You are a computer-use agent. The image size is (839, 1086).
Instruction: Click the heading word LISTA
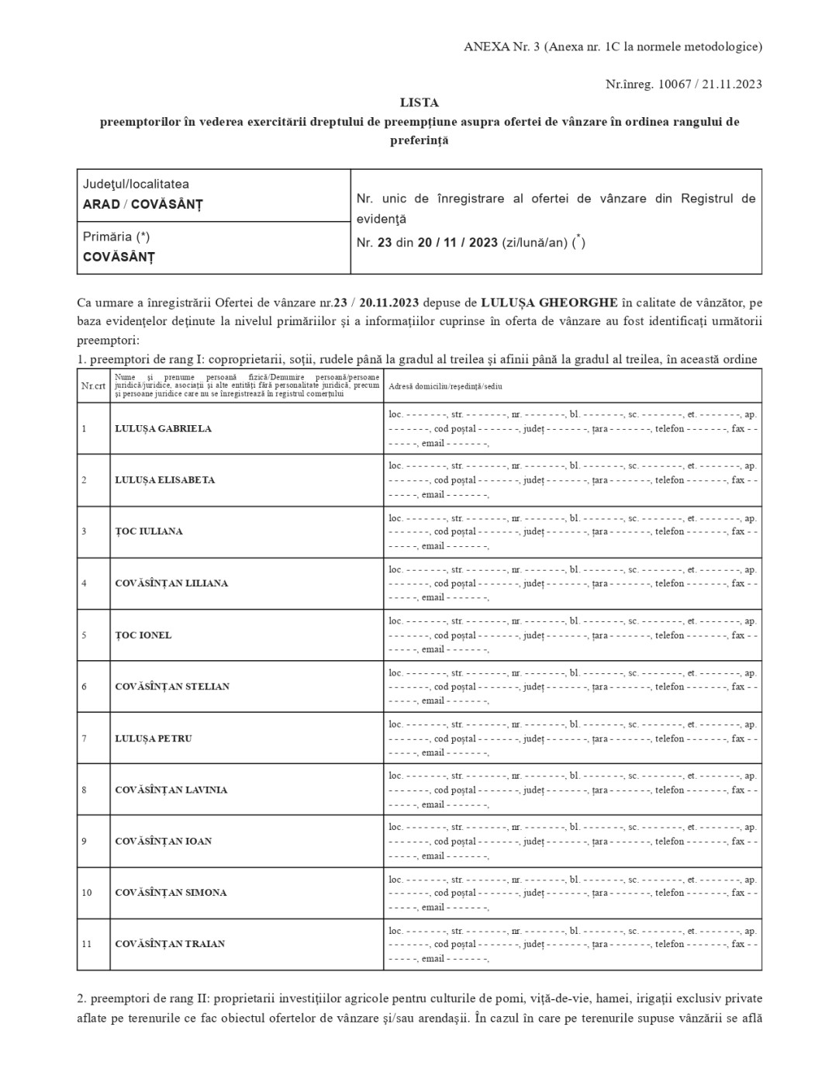point(419,102)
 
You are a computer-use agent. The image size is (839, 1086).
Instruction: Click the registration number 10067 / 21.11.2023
point(710,84)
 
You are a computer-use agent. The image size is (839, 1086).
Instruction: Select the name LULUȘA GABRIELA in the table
point(163,428)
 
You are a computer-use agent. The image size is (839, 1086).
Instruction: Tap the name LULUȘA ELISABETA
point(164,479)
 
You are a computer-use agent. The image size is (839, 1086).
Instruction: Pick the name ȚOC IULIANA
point(149,531)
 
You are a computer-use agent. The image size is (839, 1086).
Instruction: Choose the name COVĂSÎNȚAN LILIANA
point(171,583)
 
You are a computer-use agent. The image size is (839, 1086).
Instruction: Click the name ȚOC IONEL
point(143,635)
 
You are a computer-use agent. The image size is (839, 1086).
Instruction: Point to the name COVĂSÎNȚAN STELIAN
point(172,686)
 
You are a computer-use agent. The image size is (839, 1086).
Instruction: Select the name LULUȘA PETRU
point(154,738)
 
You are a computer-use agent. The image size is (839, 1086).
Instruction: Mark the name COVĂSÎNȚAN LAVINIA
point(171,790)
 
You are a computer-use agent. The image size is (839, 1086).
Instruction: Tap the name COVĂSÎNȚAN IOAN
point(163,841)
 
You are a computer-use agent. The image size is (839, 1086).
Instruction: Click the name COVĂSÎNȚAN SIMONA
point(171,892)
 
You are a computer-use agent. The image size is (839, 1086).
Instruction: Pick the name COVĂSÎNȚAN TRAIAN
point(170,943)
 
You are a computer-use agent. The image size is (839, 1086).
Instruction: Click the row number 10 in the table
point(86,892)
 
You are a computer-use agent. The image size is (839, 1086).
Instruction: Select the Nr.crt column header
point(93,386)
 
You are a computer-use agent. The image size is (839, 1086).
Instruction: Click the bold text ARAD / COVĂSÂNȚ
point(143,205)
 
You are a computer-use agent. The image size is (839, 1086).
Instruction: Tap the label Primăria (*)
point(116,237)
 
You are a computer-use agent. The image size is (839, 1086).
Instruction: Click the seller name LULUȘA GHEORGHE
point(549,302)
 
